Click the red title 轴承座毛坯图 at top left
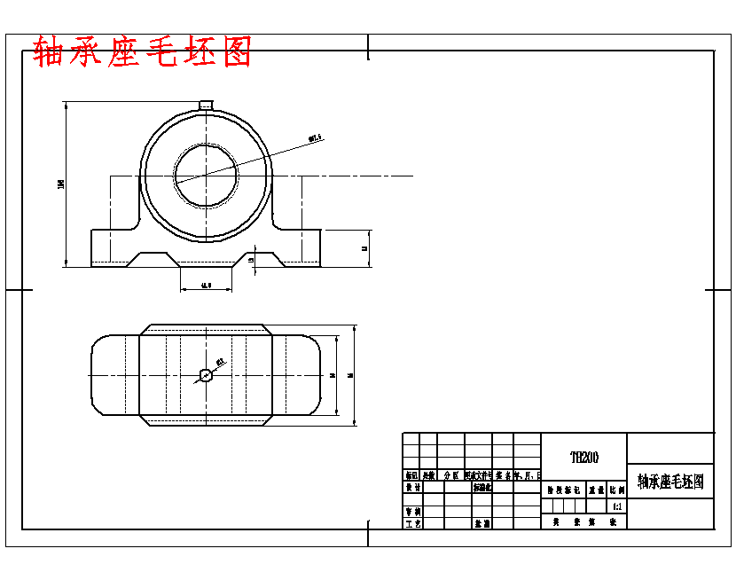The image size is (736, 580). [142, 52]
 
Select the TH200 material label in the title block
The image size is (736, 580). [583, 458]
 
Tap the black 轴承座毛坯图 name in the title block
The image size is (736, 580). [670, 482]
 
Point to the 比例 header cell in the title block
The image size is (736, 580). [616, 489]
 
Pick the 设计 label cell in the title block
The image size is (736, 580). [412, 488]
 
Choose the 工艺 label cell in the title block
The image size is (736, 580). [412, 524]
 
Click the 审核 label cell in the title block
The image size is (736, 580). [412, 512]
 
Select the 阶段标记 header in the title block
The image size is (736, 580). [562, 489]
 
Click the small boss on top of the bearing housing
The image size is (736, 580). [206, 106]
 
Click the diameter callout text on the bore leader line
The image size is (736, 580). [315, 137]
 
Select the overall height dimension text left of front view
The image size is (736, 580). [60, 184]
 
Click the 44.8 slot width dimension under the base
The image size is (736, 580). [206, 286]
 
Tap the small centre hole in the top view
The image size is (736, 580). [206, 375]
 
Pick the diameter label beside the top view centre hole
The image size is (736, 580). [219, 361]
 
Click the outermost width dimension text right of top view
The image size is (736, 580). [351, 375]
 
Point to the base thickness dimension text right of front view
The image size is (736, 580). [365, 248]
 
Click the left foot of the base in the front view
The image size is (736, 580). [112, 247]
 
